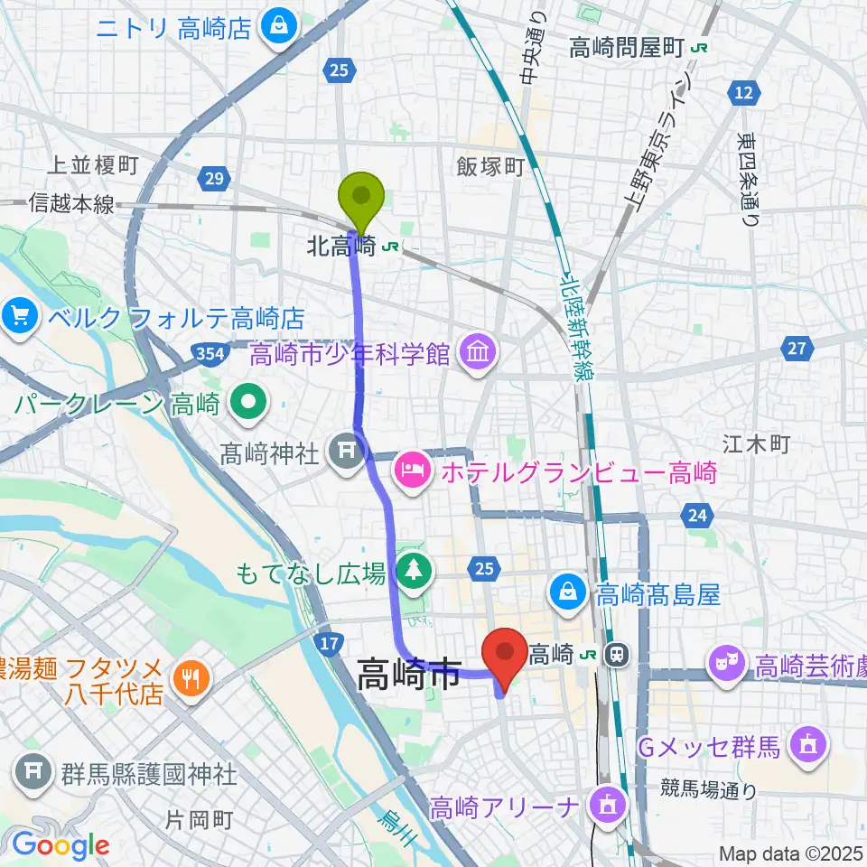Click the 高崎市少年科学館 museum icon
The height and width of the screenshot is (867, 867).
tap(477, 354)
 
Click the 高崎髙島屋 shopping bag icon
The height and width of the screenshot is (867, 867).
tap(569, 593)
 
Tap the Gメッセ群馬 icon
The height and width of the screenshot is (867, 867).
tap(803, 746)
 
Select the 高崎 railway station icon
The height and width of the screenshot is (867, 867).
tap(618, 651)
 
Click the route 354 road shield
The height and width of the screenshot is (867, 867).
tap(207, 350)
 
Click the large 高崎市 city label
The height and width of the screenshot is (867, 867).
tap(409, 675)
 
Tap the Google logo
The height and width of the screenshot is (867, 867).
tap(60, 844)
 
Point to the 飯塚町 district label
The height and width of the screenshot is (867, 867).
tap(489, 165)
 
